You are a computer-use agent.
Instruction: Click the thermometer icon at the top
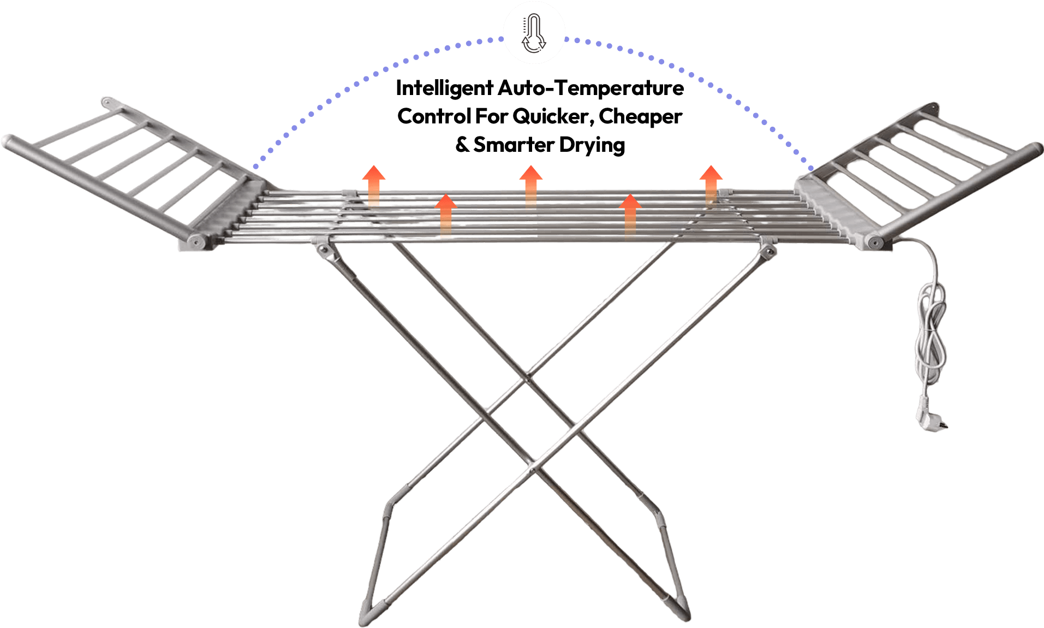(534, 33)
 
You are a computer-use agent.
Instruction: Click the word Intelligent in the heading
(445, 88)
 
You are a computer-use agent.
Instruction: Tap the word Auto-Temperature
(591, 87)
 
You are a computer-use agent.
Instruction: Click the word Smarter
(514, 145)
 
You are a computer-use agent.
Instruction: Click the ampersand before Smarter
(462, 145)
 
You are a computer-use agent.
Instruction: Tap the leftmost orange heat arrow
(374, 186)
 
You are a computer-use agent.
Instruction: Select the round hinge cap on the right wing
(874, 241)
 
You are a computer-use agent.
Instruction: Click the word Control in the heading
(434, 116)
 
